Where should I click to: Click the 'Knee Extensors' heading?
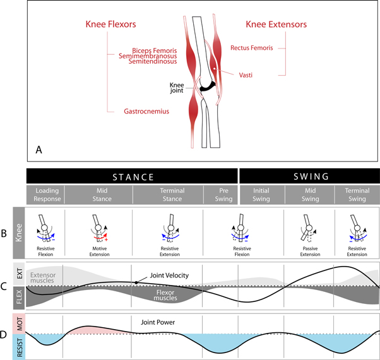[276, 25]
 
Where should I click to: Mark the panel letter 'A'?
[39, 149]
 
